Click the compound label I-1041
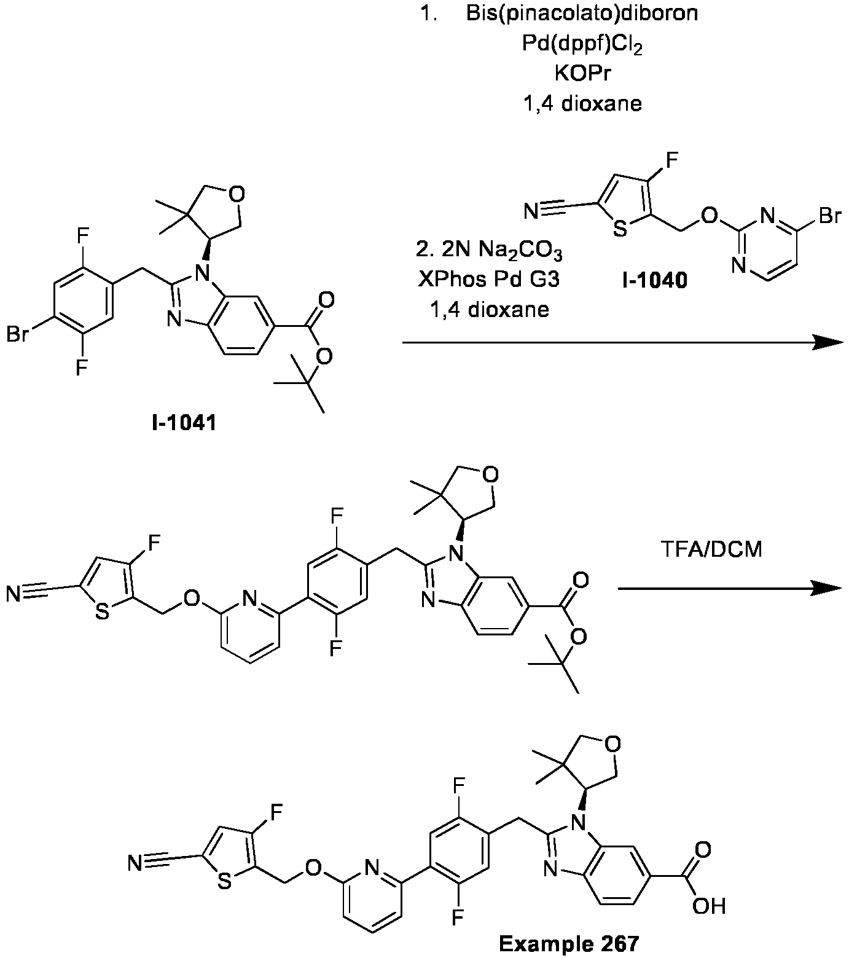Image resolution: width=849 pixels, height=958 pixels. click(184, 423)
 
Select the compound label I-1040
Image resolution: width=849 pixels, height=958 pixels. click(655, 281)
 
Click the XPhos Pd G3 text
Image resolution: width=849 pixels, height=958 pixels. click(489, 280)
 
